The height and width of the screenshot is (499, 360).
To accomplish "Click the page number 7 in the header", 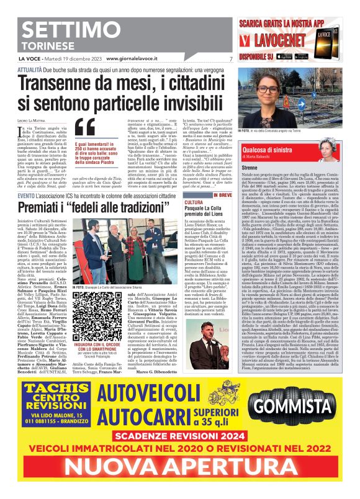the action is click(x=230, y=59).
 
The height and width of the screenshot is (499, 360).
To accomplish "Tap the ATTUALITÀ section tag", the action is click(x=30, y=71).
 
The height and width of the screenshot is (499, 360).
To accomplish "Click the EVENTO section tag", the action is click(x=26, y=196).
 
